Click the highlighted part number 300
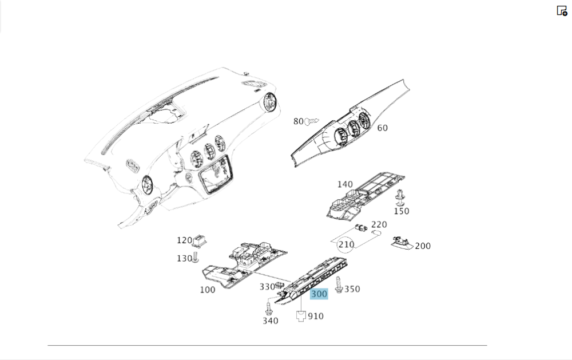319,294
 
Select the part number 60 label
382,128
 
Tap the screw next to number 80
312,121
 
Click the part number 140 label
345,184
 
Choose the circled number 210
346,244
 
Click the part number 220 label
379,224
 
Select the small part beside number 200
402,243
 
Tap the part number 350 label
352,289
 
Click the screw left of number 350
339,285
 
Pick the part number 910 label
316,316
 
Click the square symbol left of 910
301,316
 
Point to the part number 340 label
271,321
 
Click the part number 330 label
267,287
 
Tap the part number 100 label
208,290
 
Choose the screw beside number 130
196,257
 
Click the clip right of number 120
200,240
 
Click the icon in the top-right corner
562,10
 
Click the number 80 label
299,121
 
